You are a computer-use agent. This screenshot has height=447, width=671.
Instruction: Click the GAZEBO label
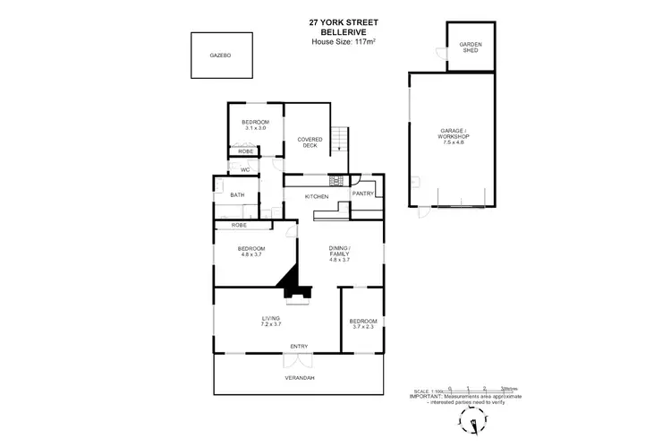click(x=221, y=56)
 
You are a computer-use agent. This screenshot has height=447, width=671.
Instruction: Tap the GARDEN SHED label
click(x=471, y=47)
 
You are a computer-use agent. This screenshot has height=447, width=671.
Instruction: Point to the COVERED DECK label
click(x=310, y=142)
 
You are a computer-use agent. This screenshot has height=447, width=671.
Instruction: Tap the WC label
click(x=244, y=169)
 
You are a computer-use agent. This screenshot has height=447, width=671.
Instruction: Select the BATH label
click(x=237, y=194)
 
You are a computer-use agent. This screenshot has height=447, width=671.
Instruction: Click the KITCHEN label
click(x=317, y=196)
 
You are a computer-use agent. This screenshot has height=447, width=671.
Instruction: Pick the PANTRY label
click(x=363, y=193)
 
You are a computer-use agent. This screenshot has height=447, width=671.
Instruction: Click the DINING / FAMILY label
click(x=338, y=251)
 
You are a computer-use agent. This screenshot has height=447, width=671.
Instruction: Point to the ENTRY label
click(x=299, y=346)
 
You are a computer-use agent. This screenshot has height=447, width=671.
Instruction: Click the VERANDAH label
click(x=300, y=379)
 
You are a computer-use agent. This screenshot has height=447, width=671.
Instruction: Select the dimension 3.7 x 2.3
click(x=363, y=327)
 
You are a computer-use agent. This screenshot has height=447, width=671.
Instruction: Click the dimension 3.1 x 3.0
click(x=256, y=128)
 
